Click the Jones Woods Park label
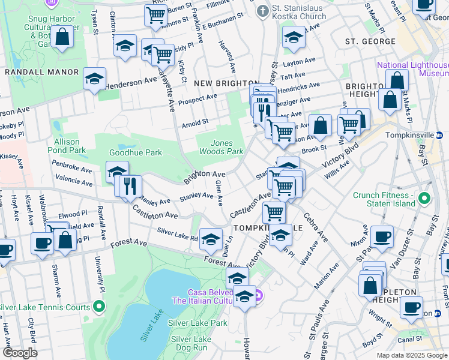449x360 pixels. coord(226,147)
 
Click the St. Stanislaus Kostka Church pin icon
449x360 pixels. coord(262,11)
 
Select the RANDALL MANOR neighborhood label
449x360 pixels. coord(41,72)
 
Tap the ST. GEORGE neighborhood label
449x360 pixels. coord(370,41)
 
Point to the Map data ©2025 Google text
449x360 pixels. coord(411,355)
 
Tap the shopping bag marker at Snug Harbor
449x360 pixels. coord(62,37)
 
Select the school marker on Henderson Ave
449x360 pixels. coord(94,79)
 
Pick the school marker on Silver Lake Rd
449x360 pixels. coord(211,240)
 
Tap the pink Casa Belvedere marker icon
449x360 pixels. coord(258,295)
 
